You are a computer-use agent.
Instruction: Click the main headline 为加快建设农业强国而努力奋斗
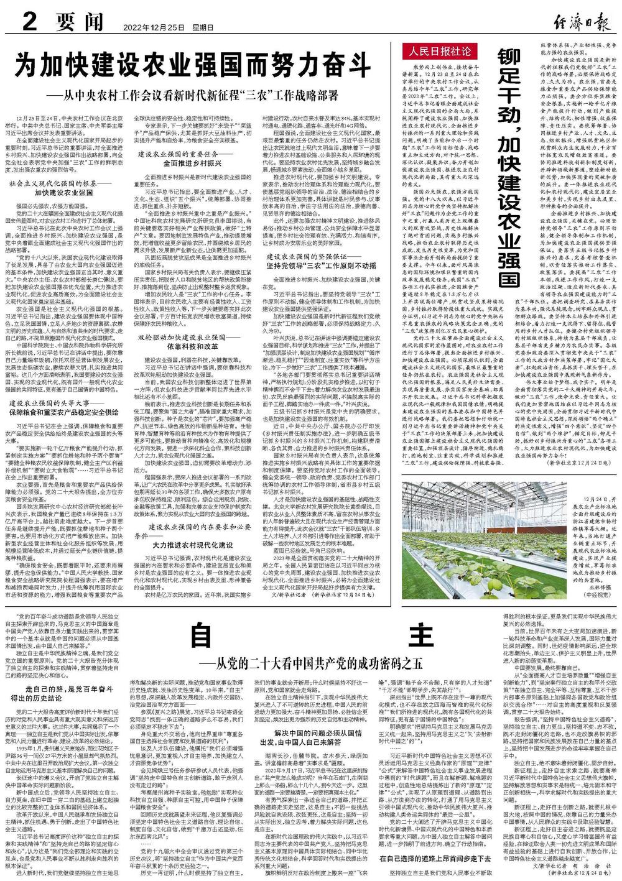point(193,65)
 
